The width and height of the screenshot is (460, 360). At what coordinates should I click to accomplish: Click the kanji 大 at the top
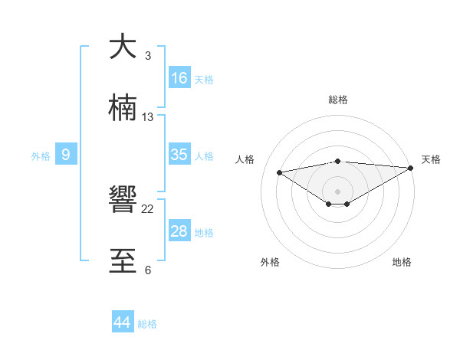click(123, 47)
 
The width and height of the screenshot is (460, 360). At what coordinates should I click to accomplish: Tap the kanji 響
click(123, 201)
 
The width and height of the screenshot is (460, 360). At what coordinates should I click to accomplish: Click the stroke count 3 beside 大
click(148, 56)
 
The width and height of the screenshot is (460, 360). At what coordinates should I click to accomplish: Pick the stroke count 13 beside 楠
click(148, 117)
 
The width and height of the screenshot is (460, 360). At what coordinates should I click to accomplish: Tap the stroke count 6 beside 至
click(148, 270)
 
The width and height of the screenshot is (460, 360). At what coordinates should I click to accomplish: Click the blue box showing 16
click(179, 78)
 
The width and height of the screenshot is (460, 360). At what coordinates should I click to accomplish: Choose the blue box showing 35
click(179, 155)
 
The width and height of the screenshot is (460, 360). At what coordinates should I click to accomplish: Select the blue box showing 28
click(179, 231)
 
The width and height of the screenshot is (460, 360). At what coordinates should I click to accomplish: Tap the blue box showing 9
click(66, 155)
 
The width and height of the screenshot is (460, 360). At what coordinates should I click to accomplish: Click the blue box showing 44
click(123, 322)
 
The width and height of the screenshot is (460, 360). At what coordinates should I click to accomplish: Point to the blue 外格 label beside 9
click(41, 156)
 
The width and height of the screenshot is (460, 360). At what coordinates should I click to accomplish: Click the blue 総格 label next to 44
click(147, 324)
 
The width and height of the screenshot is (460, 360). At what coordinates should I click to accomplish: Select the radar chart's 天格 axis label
click(432, 159)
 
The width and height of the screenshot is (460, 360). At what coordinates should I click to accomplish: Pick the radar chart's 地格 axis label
click(402, 262)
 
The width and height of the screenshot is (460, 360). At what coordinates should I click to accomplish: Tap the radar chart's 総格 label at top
click(338, 100)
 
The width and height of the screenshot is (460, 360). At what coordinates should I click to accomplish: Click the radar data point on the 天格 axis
click(412, 168)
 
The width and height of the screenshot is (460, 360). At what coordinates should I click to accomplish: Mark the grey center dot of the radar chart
click(338, 191)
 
